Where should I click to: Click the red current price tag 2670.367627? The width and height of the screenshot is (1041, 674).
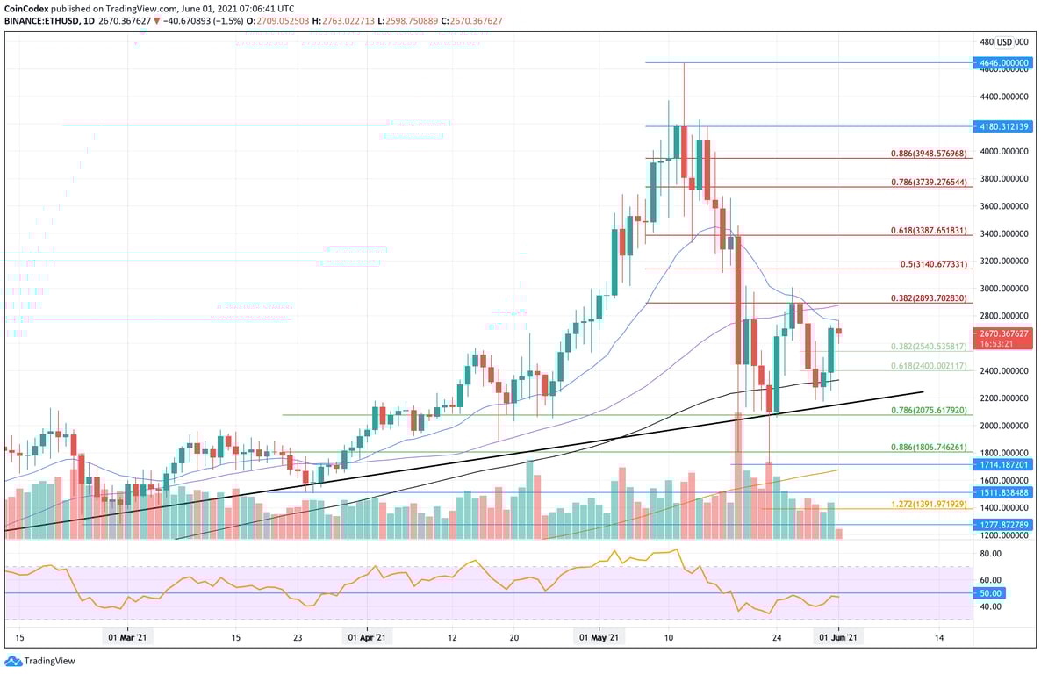(1003, 333)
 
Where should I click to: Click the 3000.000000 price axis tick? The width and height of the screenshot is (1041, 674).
(1002, 288)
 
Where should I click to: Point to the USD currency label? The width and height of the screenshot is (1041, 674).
(1004, 41)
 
